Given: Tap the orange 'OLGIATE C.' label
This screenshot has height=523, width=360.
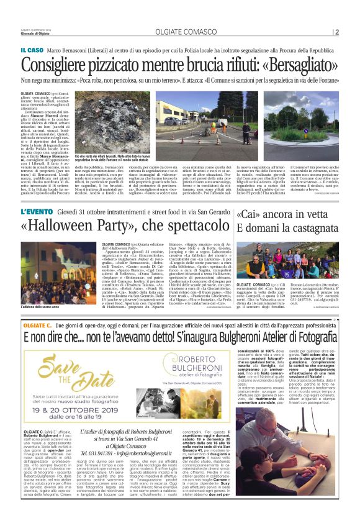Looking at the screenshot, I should [x=37, y=325].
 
